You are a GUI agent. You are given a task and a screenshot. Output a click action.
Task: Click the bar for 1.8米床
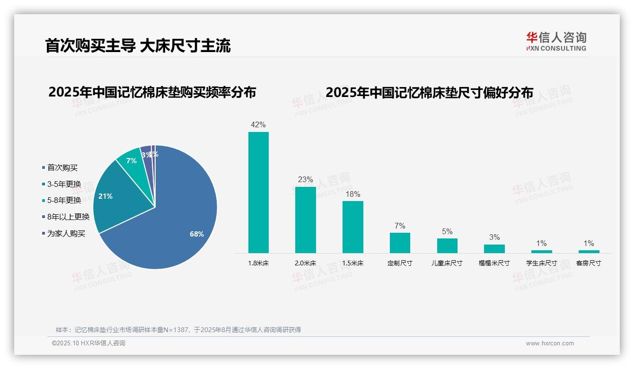point(258,192)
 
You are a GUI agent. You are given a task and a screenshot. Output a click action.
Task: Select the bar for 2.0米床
point(305,220)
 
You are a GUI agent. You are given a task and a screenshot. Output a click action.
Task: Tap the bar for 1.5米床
point(352,227)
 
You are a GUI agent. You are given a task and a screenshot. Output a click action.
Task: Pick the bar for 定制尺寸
point(400,243)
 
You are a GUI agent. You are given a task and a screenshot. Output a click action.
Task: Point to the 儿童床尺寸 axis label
point(447,263)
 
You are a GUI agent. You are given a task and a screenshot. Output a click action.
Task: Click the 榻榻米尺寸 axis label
point(494,263)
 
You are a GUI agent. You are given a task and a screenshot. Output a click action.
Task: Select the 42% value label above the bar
point(258,125)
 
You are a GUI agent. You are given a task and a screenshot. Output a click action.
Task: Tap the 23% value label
point(305,180)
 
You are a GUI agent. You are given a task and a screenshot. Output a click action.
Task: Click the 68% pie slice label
point(197,234)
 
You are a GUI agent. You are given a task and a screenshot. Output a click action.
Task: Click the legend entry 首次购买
point(62,167)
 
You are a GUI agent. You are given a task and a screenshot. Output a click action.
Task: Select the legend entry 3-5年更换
point(64,184)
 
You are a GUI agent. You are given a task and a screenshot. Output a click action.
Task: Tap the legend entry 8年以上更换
point(68,217)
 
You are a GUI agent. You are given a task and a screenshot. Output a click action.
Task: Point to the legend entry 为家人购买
point(66,234)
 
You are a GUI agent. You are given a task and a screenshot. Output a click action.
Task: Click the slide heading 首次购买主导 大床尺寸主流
point(138,45)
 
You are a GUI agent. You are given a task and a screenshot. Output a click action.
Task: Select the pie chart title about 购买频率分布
point(152,92)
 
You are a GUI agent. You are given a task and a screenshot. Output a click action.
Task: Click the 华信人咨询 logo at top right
point(556,41)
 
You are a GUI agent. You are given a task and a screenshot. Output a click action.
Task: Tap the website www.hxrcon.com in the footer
point(549,343)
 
